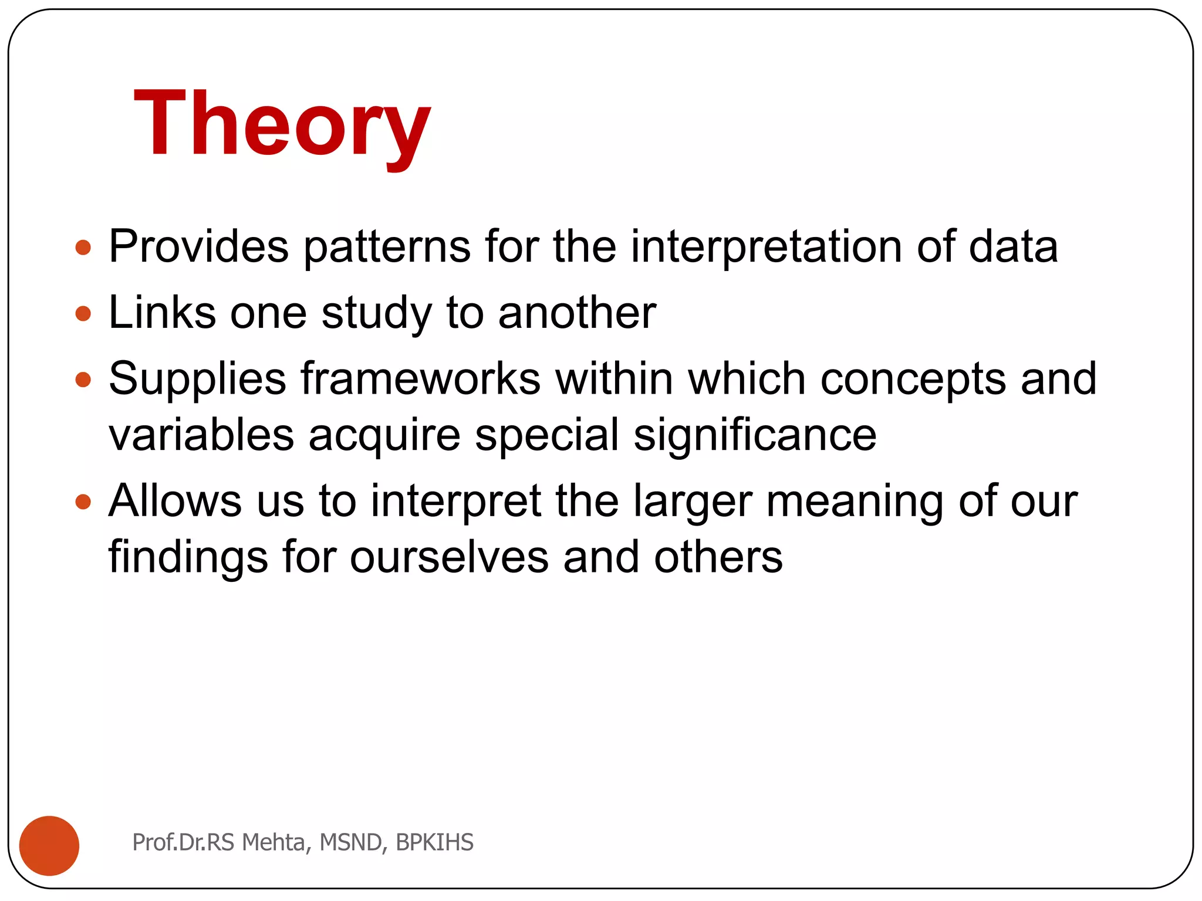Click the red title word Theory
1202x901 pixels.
coord(282,124)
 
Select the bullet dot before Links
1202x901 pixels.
coord(83,313)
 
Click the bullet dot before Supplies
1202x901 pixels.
coord(83,380)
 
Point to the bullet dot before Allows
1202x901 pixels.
coord(83,502)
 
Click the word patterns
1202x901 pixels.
coord(387,247)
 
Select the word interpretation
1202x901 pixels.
coord(766,247)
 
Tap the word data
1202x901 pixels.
coord(1013,247)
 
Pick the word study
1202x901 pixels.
coord(376,313)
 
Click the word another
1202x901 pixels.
coord(577,313)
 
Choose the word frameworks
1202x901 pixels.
coord(420,380)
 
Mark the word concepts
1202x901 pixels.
coord(913,380)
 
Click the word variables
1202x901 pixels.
coord(201,435)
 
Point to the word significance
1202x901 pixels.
coord(755,435)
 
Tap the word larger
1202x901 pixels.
coord(693,502)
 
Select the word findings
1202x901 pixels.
coord(188,557)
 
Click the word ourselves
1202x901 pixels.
coord(449,557)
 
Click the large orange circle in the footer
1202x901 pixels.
coord(49,845)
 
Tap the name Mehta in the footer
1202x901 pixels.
coord(273,842)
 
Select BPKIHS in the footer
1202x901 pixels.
coord(434,842)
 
